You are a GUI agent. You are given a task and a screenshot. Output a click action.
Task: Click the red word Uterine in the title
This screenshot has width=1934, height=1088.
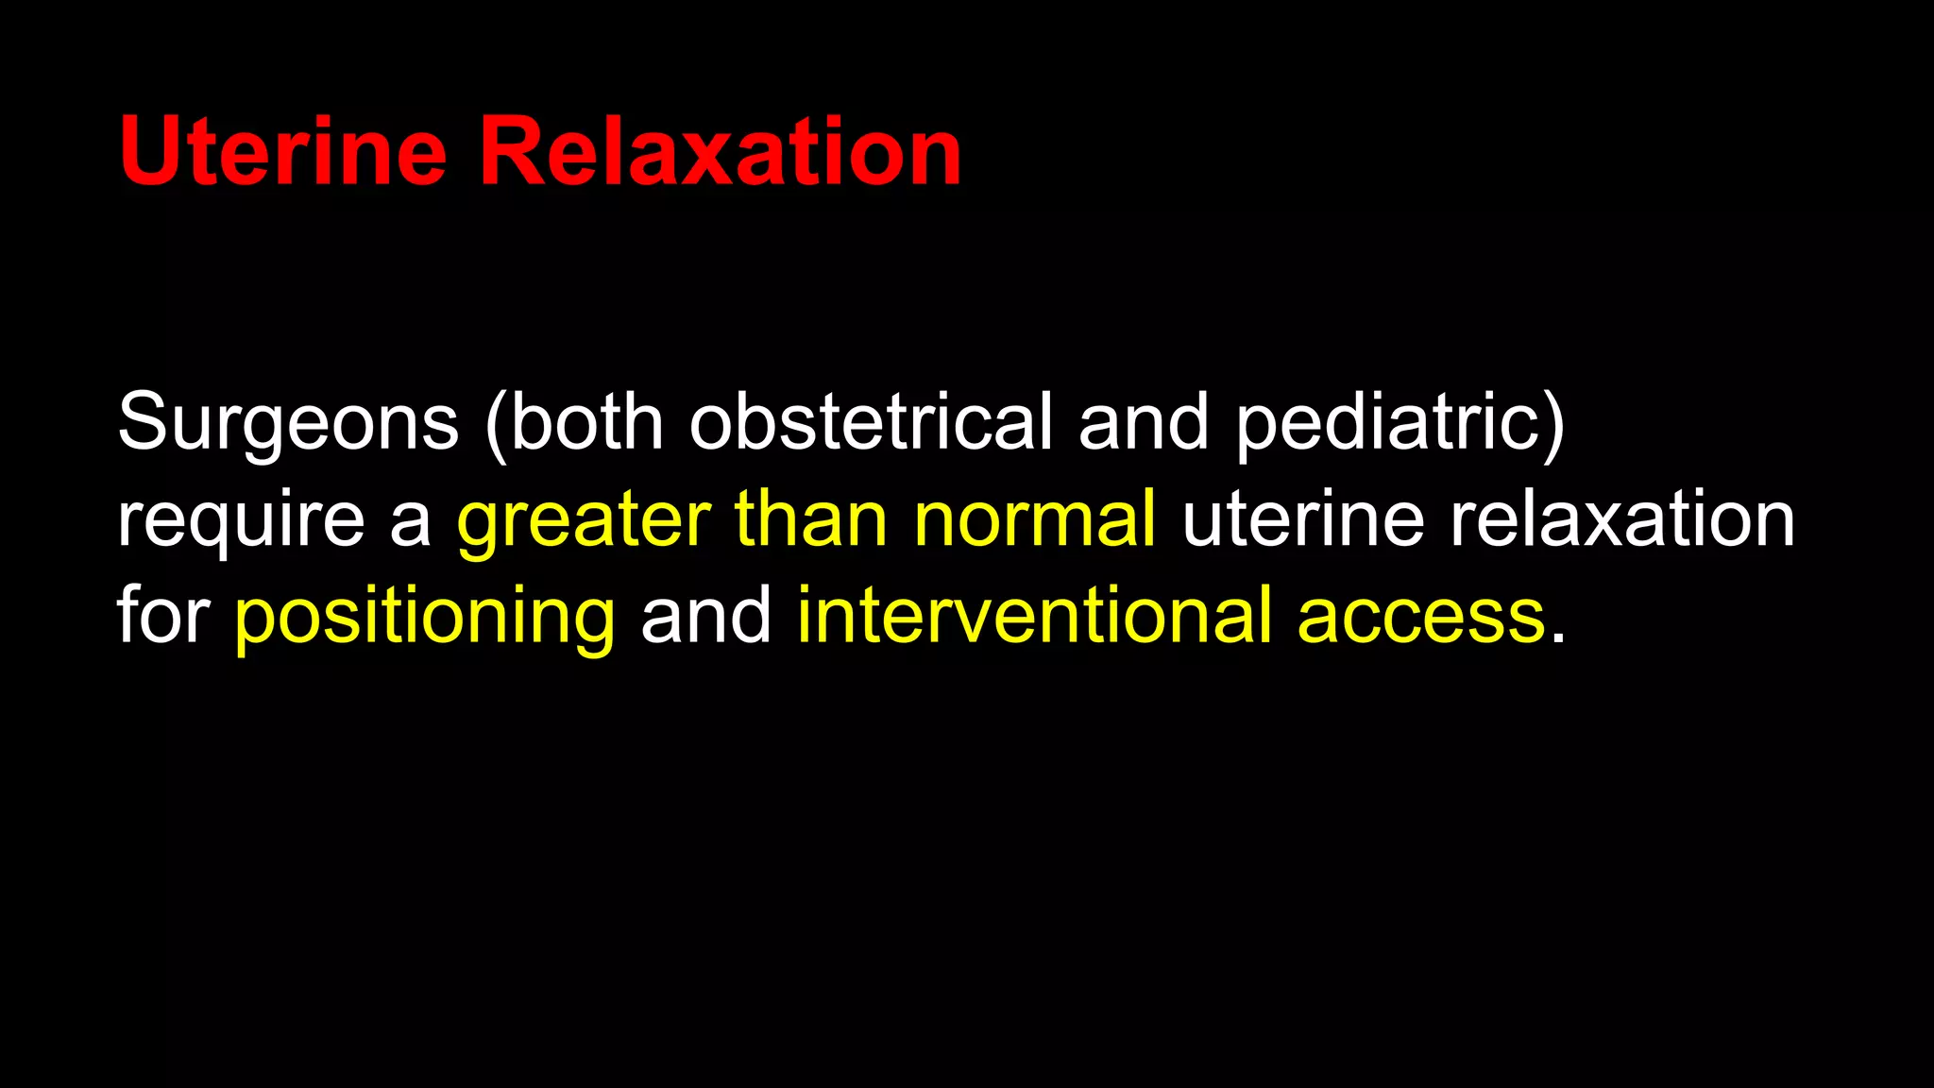pyautogui.click(x=282, y=151)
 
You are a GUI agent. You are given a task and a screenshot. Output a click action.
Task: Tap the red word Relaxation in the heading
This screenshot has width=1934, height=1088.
pyautogui.click(x=720, y=151)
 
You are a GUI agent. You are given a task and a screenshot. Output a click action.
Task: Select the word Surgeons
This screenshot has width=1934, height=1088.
pyautogui.click(x=288, y=422)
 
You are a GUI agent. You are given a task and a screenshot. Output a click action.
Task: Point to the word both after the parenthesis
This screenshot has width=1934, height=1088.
pyautogui.click(x=587, y=422)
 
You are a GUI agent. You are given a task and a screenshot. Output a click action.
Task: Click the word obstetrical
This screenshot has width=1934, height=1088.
pyautogui.click(x=871, y=422)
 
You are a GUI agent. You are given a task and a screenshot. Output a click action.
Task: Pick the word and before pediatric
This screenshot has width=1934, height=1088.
pyautogui.click(x=1144, y=422)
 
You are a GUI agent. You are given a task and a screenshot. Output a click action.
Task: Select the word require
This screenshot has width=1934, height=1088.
pyautogui.click(x=240, y=519)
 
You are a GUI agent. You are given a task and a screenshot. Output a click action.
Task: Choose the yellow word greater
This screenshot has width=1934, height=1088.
pyautogui.click(x=584, y=519)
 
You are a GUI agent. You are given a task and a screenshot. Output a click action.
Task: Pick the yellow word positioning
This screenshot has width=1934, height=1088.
pyautogui.click(x=425, y=616)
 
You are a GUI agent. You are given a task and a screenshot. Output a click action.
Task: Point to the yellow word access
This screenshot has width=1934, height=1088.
pyautogui.click(x=1421, y=616)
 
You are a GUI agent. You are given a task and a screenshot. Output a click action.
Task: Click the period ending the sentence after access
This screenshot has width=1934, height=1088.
pyautogui.click(x=1557, y=638)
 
